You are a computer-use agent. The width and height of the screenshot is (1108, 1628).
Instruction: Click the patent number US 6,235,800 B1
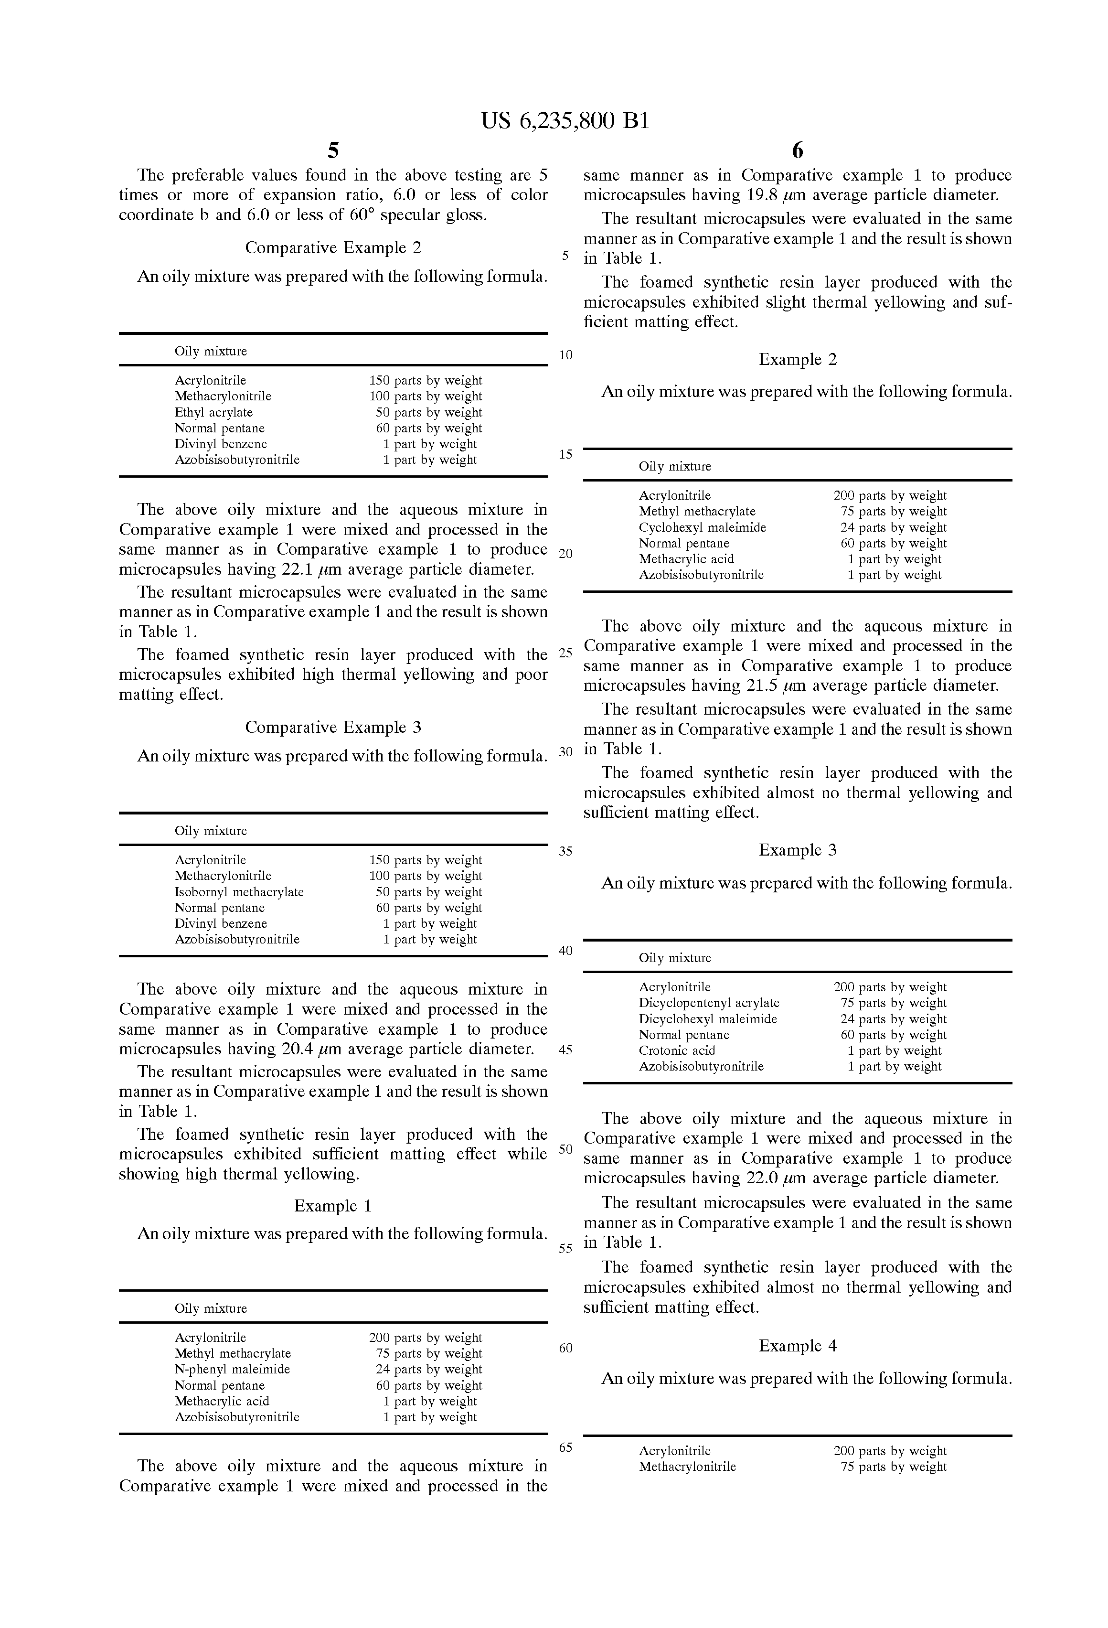click(565, 121)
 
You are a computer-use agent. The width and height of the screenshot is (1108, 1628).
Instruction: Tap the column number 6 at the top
click(797, 150)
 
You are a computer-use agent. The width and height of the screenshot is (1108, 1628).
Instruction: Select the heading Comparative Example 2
click(333, 248)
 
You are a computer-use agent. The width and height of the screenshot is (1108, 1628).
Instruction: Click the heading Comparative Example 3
click(333, 727)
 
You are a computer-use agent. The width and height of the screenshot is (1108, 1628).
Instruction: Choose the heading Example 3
click(797, 850)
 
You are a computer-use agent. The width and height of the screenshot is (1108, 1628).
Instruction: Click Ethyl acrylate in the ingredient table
click(213, 413)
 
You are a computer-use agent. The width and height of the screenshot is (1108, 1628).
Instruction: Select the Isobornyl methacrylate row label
click(239, 892)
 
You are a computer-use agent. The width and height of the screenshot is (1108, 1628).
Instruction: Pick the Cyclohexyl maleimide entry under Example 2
click(702, 527)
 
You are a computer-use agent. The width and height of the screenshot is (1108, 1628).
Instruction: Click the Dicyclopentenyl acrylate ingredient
click(709, 1003)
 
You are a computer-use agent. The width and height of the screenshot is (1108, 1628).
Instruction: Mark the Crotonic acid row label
click(677, 1051)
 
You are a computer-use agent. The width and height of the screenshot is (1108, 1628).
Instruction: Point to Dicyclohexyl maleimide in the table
click(707, 1019)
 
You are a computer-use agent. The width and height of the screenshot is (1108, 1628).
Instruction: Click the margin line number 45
click(565, 1050)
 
